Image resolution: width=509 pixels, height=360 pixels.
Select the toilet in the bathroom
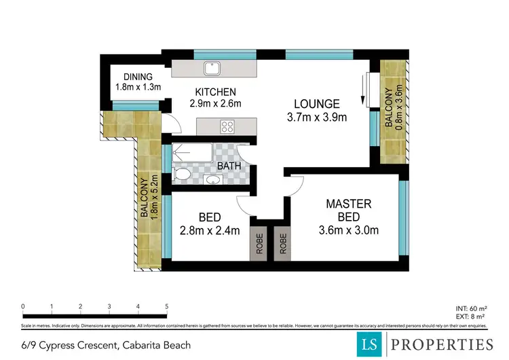[x=181, y=175]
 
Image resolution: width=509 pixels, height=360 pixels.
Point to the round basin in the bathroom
[x=214, y=180]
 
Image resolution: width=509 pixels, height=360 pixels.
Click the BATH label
[x=229, y=166]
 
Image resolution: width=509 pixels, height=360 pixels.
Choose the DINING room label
[x=138, y=77]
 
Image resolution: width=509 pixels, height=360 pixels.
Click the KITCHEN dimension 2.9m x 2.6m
[x=215, y=103]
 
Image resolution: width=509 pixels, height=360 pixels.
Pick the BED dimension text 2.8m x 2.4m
[x=210, y=230]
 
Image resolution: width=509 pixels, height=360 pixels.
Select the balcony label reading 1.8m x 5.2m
[x=149, y=197]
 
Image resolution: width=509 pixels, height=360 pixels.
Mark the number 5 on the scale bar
[x=166, y=307]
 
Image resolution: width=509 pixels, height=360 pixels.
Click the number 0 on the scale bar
[x=23, y=307]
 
